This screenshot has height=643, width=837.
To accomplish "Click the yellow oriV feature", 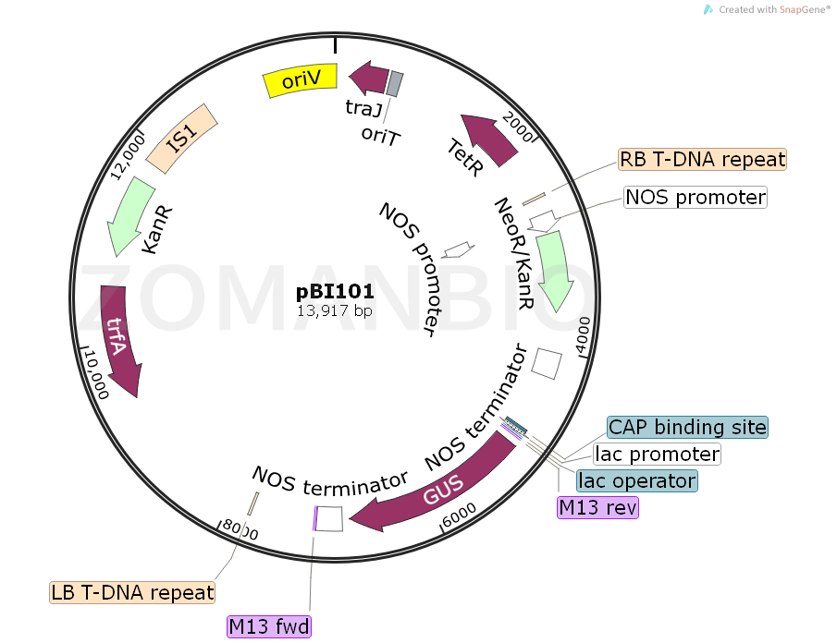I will tap(302, 81).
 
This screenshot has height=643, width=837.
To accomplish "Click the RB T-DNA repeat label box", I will tap(703, 159).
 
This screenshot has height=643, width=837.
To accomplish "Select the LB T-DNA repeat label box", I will tap(132, 592).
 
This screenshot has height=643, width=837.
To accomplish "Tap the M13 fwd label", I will tap(270, 627).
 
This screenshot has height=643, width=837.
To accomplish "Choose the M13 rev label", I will tap(597, 507).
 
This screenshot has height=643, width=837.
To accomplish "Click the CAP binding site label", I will tap(687, 427).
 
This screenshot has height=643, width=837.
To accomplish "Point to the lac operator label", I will tap(636, 480).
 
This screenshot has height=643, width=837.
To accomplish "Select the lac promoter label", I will tap(657, 454).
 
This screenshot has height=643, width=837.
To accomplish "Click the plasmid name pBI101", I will tap(335, 292).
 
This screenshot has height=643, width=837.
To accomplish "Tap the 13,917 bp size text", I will tap(335, 311).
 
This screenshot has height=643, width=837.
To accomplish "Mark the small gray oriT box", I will tap(395, 84).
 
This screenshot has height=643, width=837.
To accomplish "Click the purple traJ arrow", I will tap(369, 79).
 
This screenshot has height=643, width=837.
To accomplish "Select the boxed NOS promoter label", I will tap(695, 197).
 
